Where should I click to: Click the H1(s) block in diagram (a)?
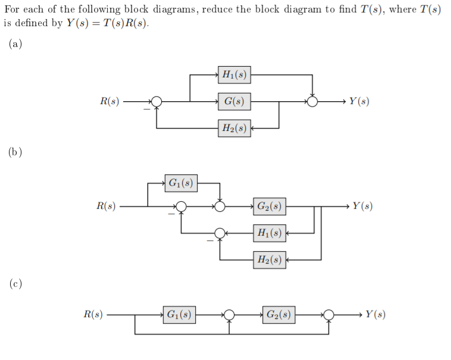tap(234, 75)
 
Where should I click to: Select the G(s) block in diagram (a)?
tap(234, 102)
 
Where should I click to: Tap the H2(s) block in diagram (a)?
tap(234, 128)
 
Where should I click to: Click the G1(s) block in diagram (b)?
tap(180, 183)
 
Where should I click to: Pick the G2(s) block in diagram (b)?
tap(270, 206)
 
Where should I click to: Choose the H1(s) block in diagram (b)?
tap(269, 233)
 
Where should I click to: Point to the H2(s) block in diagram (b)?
tap(269, 259)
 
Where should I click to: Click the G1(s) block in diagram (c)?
tap(180, 314)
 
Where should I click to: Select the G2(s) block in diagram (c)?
tap(278, 314)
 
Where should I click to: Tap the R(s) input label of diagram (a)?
tap(109, 102)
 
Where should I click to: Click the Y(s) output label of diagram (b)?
tap(362, 206)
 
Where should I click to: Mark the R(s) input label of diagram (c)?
tap(92, 314)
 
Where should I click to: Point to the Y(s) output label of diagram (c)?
tap(375, 314)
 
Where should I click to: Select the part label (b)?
tap(15, 152)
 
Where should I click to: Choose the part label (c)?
tap(15, 284)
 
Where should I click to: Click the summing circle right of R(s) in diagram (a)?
tap(156, 102)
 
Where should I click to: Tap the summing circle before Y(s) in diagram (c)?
tap(328, 314)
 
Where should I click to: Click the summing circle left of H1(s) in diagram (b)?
tap(220, 233)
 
